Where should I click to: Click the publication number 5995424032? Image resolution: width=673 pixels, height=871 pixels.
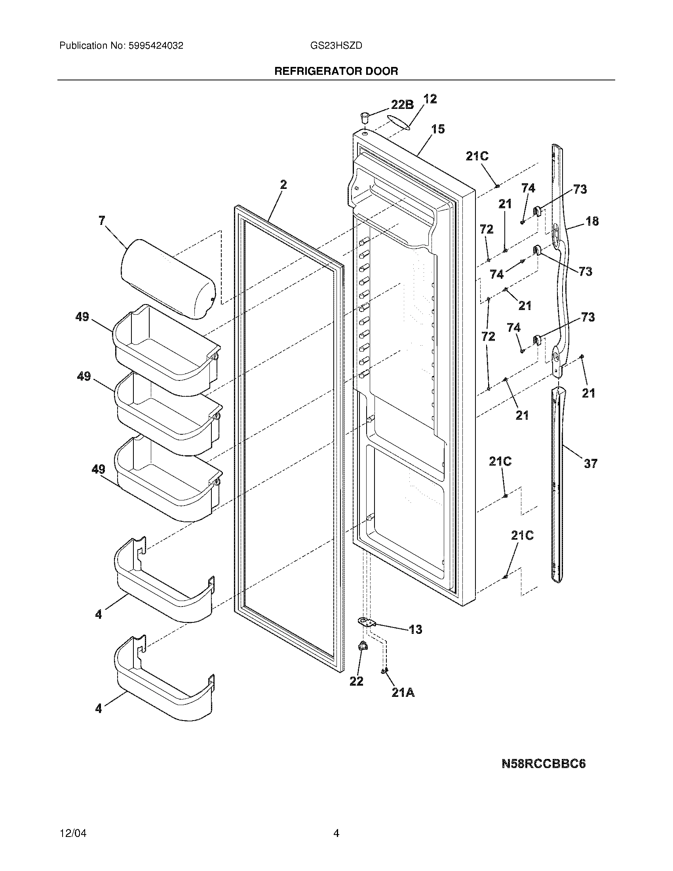156,46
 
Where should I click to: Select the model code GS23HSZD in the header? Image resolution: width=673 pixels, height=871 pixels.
336,46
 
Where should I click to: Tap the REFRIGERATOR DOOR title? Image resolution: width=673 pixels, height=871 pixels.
336,71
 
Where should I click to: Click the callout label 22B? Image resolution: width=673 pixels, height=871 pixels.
402,105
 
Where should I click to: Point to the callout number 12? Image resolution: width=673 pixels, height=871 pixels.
430,99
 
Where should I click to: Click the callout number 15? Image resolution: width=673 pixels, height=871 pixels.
438,129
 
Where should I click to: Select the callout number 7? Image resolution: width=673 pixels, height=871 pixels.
103,221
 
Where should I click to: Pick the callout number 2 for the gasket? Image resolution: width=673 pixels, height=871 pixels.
283,184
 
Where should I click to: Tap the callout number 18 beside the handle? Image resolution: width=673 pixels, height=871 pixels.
592,221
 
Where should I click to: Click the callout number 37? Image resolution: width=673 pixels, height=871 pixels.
591,464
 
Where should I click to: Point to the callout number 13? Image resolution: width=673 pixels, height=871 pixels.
415,629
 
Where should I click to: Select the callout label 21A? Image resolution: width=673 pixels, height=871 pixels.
403,693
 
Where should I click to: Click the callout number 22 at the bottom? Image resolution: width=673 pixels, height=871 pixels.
356,681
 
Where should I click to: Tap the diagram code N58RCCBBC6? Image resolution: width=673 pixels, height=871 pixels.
544,764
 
